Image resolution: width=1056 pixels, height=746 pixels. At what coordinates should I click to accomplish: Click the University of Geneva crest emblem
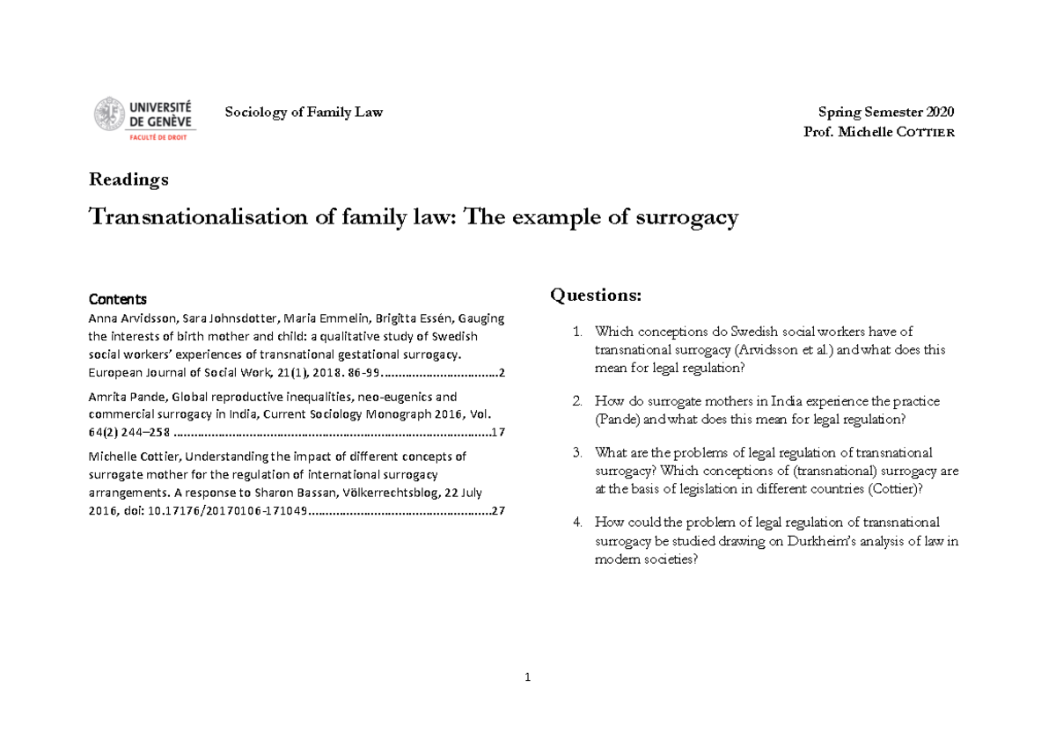109,114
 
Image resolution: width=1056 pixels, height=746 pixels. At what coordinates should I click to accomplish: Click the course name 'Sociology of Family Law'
304,112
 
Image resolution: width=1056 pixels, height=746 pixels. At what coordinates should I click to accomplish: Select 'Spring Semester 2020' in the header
885,112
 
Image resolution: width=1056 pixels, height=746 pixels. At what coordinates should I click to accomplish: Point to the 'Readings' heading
128,179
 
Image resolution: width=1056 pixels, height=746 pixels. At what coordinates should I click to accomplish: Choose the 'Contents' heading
118,299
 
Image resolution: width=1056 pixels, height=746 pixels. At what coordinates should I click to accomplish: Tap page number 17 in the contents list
498,432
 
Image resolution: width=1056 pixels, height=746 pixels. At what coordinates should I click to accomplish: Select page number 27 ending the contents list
498,511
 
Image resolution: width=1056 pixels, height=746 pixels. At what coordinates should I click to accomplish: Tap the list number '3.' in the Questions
577,453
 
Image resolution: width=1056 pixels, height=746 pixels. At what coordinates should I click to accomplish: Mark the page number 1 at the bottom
527,677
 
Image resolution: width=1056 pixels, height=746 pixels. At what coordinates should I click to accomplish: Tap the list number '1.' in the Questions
577,332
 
